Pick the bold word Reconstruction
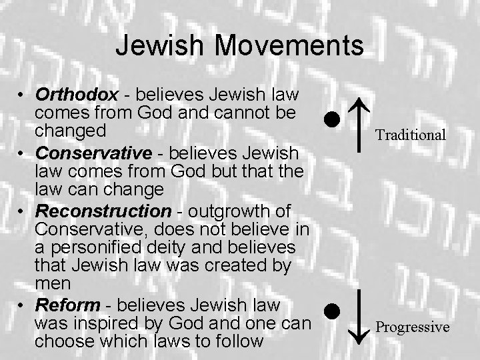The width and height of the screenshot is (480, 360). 103,211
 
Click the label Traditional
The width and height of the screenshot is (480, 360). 410,135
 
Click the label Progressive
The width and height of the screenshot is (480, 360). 412,327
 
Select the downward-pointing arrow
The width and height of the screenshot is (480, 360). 359,316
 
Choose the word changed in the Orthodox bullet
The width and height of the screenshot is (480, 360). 69,128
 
